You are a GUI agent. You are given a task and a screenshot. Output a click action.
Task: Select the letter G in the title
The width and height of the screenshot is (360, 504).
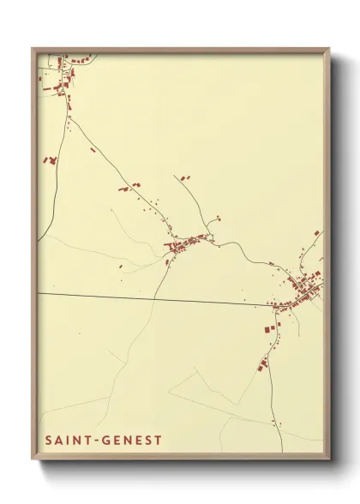point(106,441)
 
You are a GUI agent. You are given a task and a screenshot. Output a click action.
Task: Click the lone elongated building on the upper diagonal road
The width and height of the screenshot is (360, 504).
point(93,149)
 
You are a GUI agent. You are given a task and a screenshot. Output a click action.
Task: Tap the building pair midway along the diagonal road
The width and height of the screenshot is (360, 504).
point(129,186)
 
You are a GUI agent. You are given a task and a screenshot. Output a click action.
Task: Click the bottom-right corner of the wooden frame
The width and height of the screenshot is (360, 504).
point(329,460)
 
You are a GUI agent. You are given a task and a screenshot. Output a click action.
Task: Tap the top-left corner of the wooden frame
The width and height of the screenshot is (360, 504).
point(33,49)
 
